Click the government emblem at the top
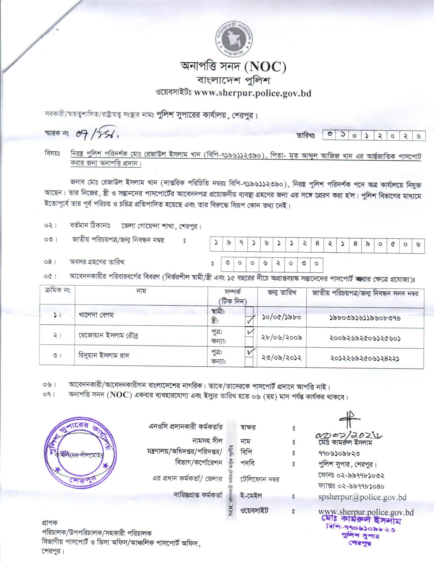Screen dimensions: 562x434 tap(234, 39)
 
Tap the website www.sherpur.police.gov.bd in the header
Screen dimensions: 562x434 tap(253, 93)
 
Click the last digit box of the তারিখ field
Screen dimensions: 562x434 tap(419, 136)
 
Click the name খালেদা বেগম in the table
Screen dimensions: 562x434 tap(94, 316)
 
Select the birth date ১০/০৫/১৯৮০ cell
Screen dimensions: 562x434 tap(281, 317)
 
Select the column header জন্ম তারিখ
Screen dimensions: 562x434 tap(282, 293)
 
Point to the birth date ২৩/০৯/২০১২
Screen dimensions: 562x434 tap(281, 357)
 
